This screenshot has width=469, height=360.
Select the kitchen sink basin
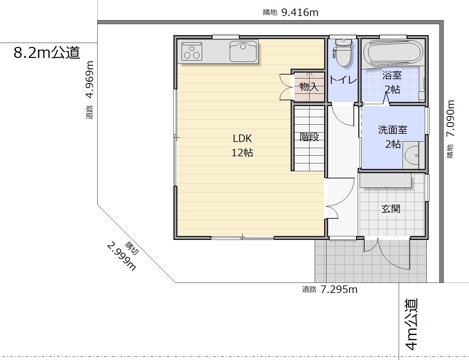(243, 51)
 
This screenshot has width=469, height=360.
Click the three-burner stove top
(192, 51)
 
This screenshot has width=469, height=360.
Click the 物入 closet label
(309, 87)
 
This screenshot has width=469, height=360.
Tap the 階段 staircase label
(309, 137)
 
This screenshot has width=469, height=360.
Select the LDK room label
(242, 138)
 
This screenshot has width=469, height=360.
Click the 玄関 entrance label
(391, 209)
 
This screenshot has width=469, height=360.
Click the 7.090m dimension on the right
(451, 118)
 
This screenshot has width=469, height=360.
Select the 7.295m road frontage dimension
(339, 289)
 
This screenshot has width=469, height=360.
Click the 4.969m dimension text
(90, 79)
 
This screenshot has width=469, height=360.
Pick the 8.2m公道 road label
(47, 52)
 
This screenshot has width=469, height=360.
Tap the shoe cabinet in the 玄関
(385, 180)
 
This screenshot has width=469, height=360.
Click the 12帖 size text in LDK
(242, 153)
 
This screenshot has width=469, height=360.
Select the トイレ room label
(343, 80)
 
